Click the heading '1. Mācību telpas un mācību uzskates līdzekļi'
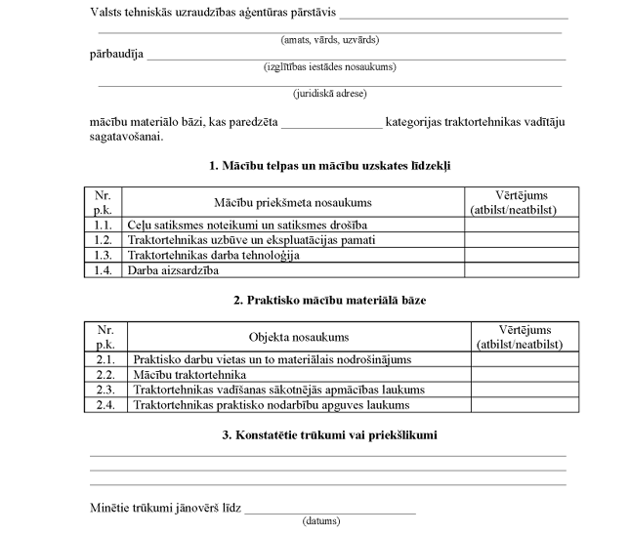pyautogui.click(x=329, y=167)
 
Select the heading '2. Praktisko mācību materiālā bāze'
pyautogui.click(x=329, y=301)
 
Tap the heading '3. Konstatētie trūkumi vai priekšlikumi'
pyautogui.click(x=329, y=434)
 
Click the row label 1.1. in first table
pyautogui.click(x=103, y=225)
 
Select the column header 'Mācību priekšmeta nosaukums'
pyautogui.click(x=293, y=202)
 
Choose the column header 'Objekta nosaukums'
pyautogui.click(x=299, y=337)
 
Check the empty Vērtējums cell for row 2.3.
pyautogui.click(x=518, y=390)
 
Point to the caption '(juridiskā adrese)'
pyautogui.click(x=329, y=94)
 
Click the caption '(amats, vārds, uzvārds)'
pyautogui.click(x=329, y=40)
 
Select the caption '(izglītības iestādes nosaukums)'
pyautogui.click(x=329, y=66)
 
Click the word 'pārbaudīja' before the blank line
pyautogui.click(x=116, y=55)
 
